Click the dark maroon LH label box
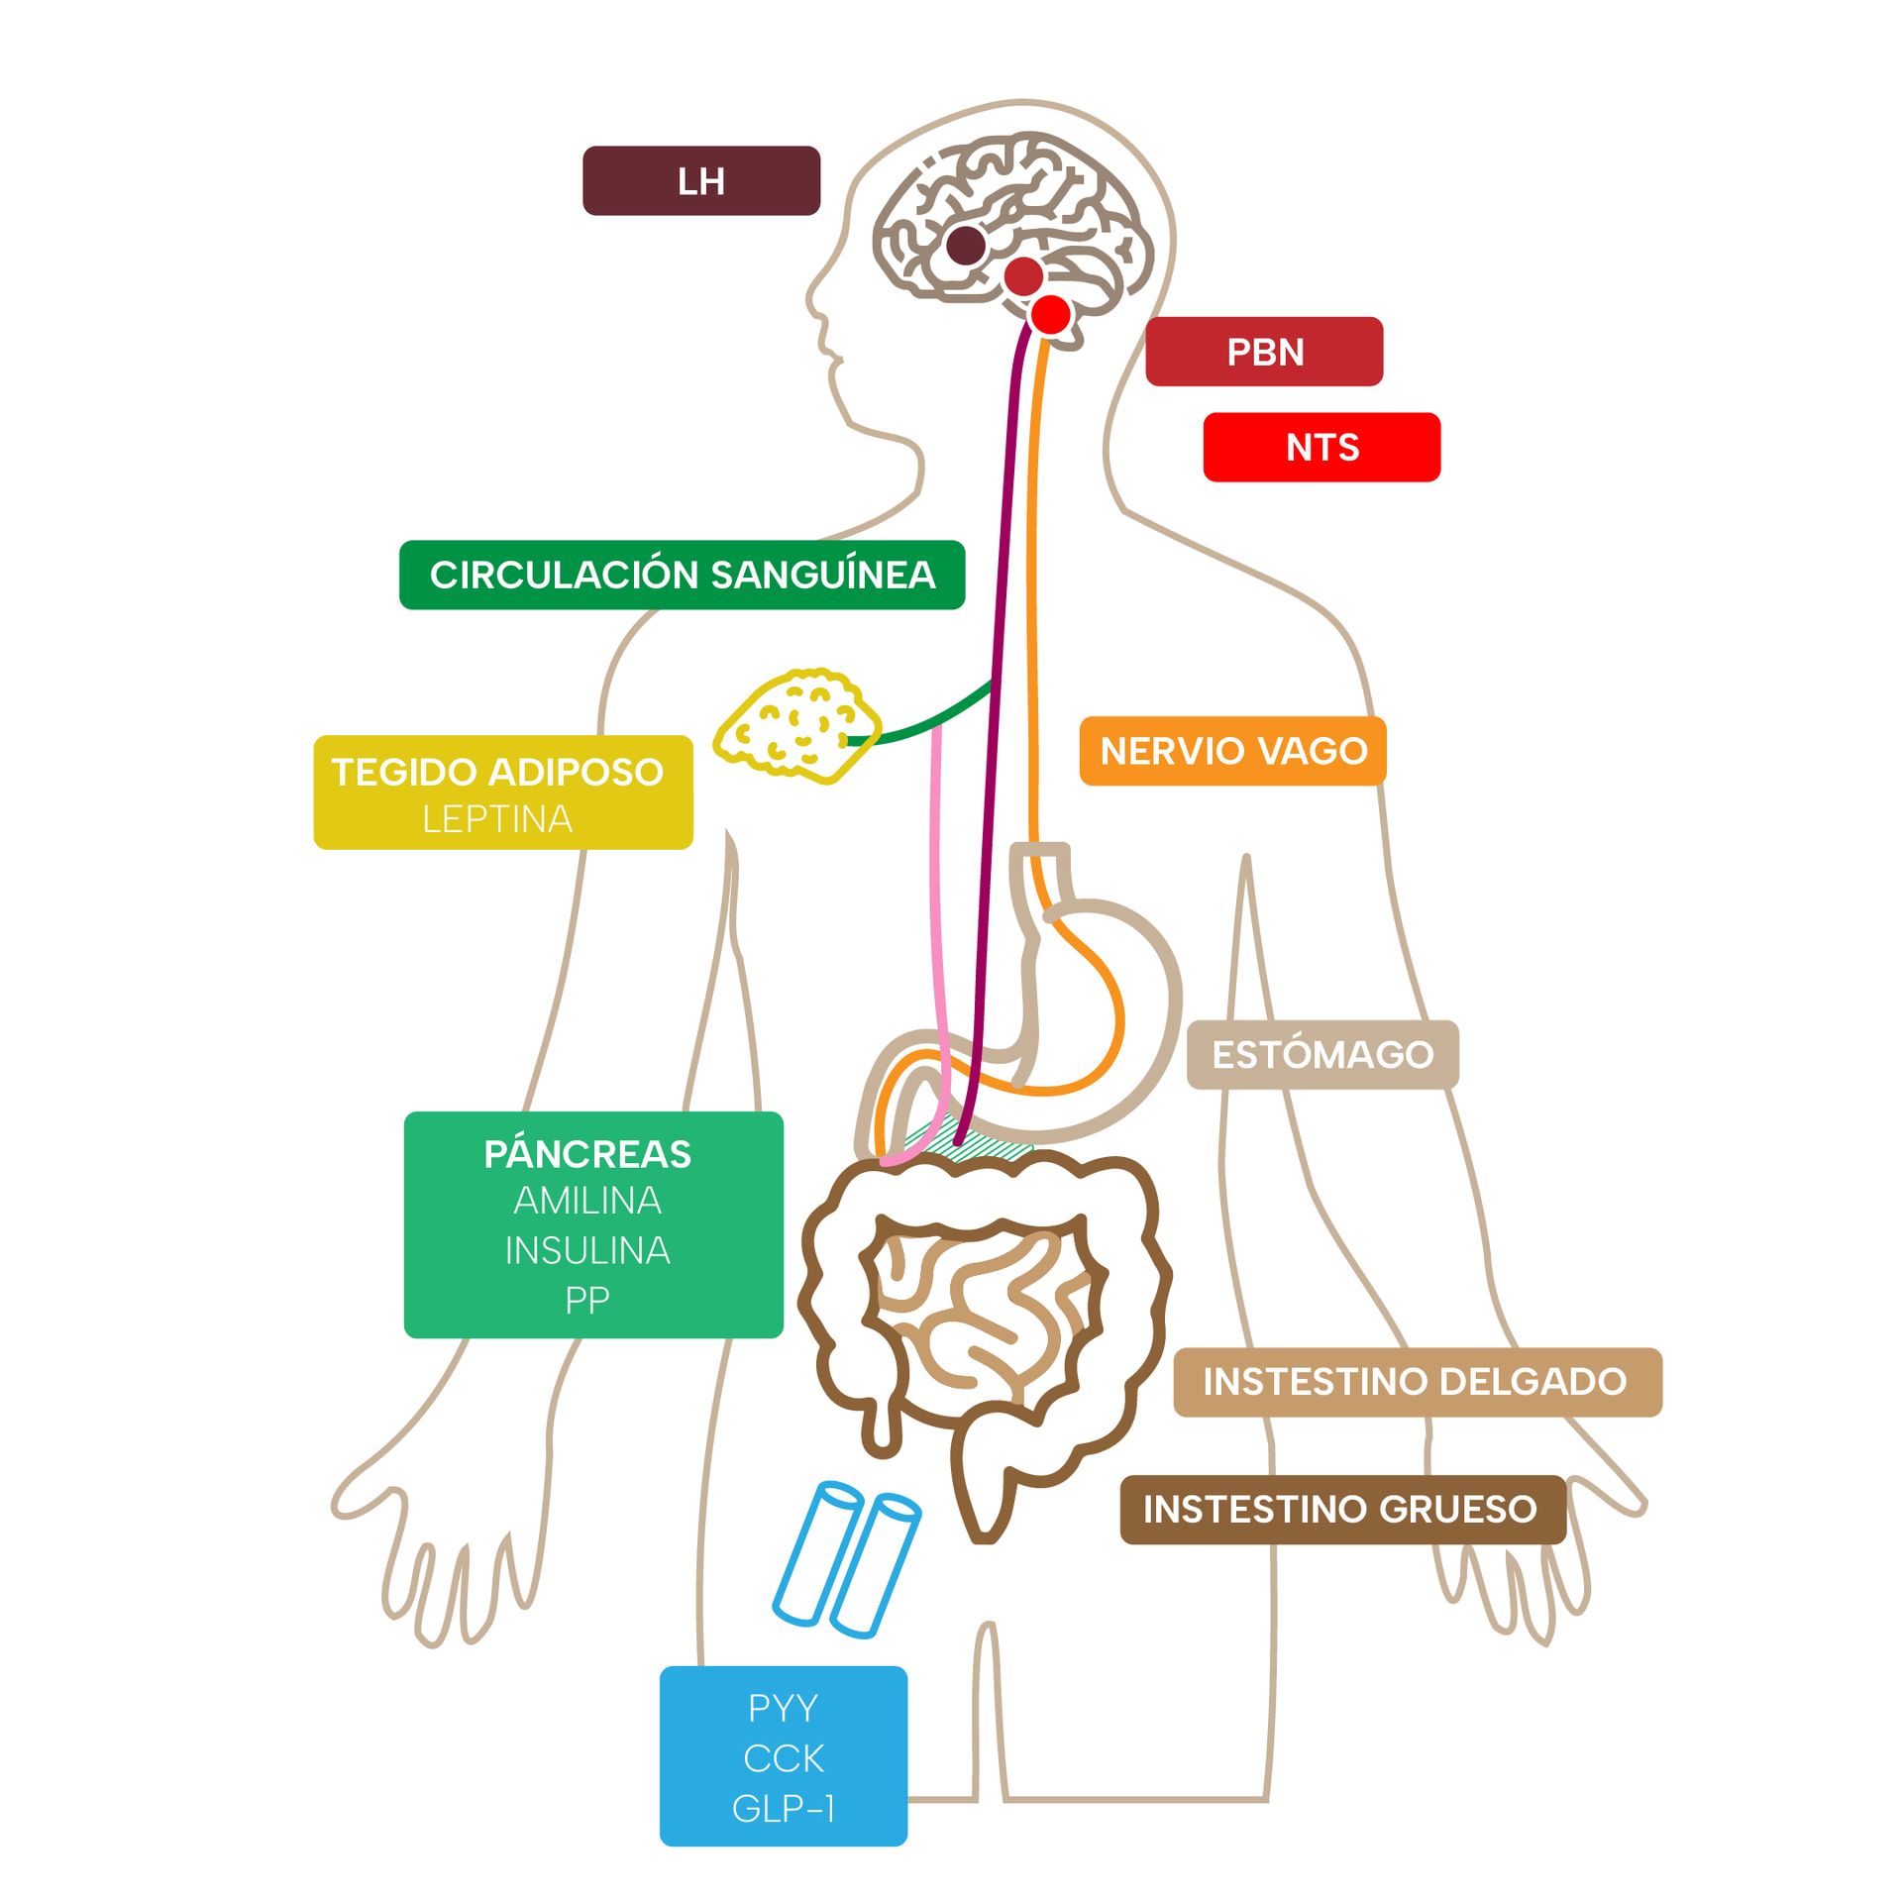pos(700,180)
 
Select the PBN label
pos(1263,352)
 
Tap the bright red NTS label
pos(1321,447)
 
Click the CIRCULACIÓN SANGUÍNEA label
pos(682,575)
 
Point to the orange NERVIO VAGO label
pos(1232,751)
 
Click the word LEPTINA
pos(497,819)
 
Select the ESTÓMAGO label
pos(1321,1054)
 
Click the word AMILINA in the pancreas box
pos(587,1201)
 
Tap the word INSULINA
pos(587,1250)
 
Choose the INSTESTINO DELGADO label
pos(1417,1381)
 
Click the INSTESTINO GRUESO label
pos(1340,1509)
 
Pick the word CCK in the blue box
pos(784,1758)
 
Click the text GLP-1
pos(784,1809)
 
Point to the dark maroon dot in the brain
pos(966,245)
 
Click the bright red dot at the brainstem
pos(1051,315)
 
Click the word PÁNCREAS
pos(587,1154)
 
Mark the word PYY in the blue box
pos(784,1708)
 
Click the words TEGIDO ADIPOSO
pos(497,772)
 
